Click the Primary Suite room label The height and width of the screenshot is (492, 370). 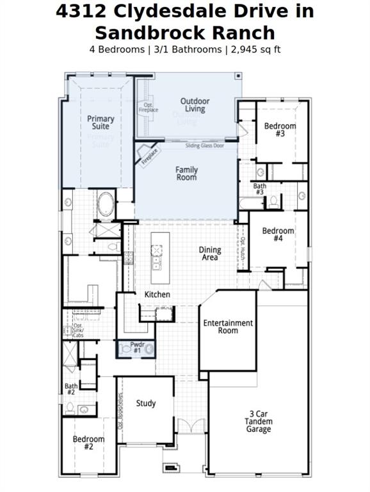[101, 122]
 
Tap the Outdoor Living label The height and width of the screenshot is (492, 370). [195, 105]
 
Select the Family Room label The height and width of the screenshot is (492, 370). [187, 174]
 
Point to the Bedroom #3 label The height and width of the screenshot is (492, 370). [280, 130]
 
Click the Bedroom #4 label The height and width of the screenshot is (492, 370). [278, 234]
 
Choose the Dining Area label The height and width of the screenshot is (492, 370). [210, 254]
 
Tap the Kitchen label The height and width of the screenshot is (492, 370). [157, 295]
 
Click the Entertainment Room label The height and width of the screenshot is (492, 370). [228, 327]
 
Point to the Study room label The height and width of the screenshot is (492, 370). [146, 404]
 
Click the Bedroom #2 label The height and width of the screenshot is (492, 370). [88, 443]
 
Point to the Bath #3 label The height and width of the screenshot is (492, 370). [259, 189]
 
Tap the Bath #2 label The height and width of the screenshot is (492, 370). [70, 389]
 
